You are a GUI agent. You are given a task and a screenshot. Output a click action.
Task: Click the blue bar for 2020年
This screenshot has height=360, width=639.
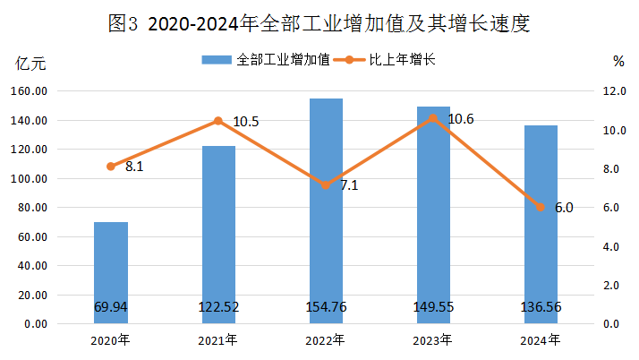click(x=111, y=269)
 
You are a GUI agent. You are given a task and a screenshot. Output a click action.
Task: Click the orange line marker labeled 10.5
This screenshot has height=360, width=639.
click(x=218, y=121)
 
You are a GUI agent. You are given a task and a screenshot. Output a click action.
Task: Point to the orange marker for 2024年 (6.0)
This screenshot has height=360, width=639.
click(x=541, y=207)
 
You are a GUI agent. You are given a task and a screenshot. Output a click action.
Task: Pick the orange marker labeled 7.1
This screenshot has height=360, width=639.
click(x=326, y=185)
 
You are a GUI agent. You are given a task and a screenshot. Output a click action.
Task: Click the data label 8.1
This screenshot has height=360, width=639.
click(x=134, y=166)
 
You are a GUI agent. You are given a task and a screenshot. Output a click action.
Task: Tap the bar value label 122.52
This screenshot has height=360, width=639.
click(x=218, y=308)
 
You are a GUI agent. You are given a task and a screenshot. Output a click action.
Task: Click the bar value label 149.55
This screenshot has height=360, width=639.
click(x=433, y=308)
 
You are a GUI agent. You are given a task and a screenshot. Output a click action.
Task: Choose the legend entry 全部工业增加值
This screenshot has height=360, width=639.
click(x=266, y=60)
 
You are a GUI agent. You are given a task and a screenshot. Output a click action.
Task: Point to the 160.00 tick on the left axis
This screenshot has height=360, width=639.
click(x=30, y=91)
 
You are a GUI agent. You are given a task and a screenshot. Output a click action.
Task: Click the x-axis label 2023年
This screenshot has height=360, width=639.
click(x=433, y=340)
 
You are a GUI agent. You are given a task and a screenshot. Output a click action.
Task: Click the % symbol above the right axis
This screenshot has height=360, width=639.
click(x=618, y=62)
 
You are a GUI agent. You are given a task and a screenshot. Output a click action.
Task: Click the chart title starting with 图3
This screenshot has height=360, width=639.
click(x=319, y=23)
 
